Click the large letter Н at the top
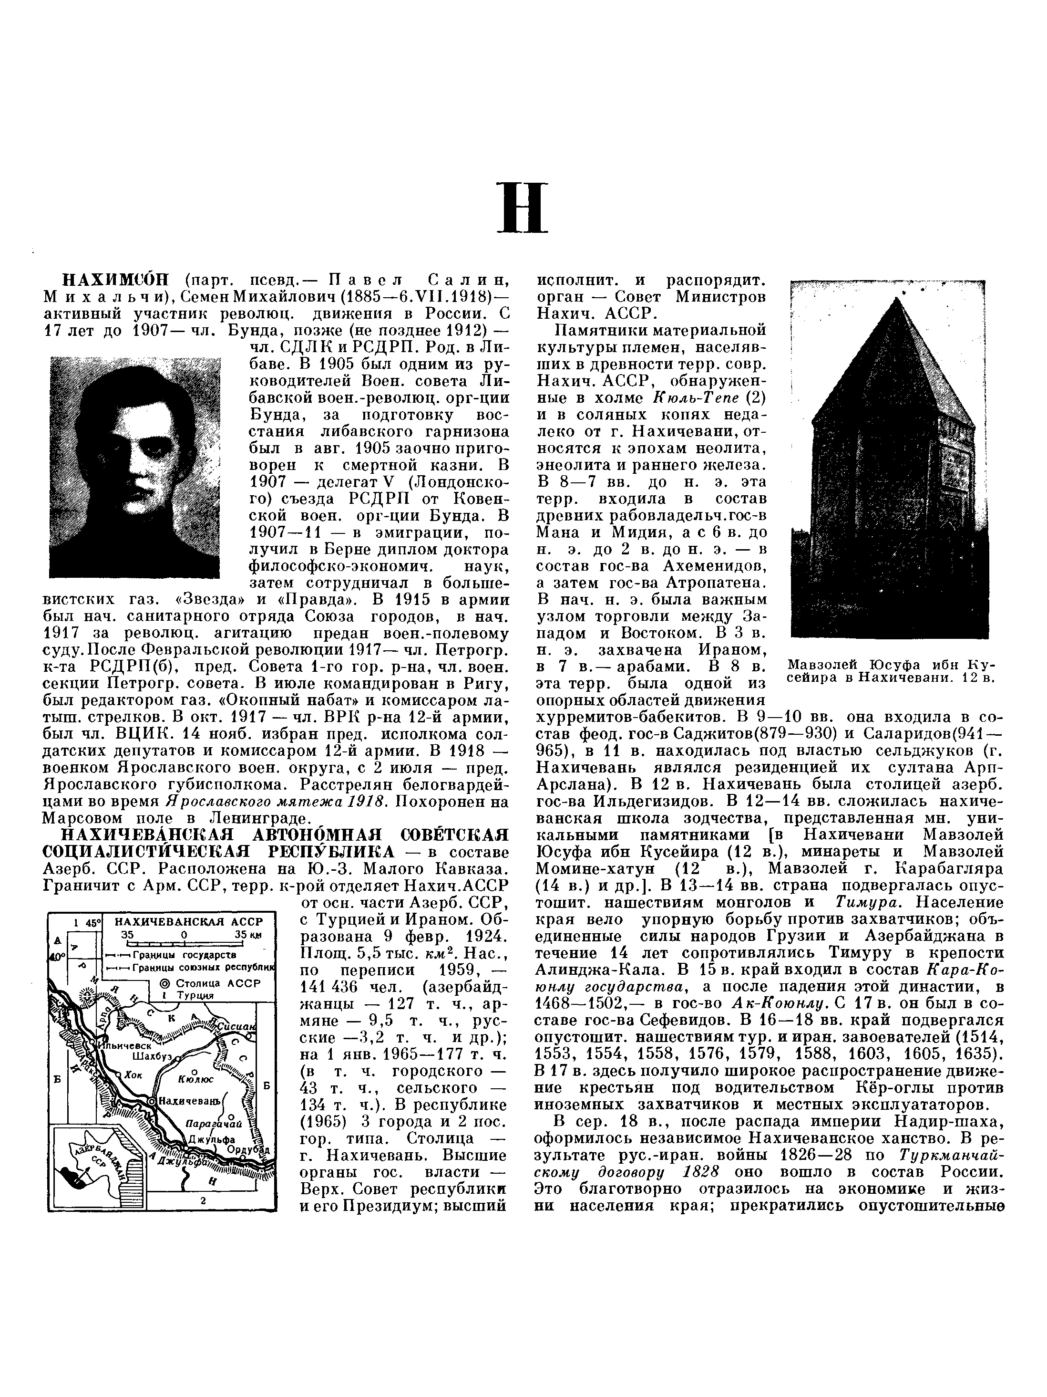click(x=523, y=207)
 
